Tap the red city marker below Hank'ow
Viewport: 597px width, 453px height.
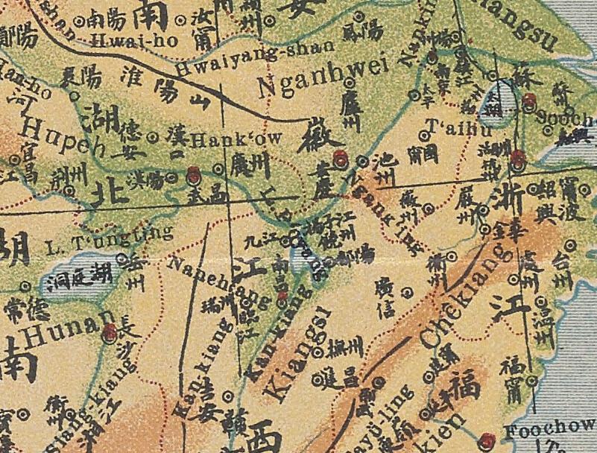193,174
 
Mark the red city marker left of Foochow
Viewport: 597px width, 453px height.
488,439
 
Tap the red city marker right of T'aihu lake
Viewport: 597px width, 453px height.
530,101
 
